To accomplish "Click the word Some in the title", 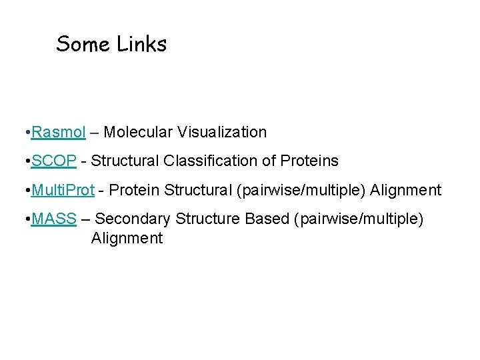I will pos(83,44).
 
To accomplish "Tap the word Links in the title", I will pos(141,44).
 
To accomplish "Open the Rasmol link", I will pos(58,132).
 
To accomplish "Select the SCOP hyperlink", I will pos(53,161).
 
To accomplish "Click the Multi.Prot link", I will pos(63,190).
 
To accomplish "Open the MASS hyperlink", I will pos(53,219).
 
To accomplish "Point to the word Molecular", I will pos(138,132).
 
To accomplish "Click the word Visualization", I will pos(222,132).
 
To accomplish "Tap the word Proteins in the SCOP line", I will pos(309,161).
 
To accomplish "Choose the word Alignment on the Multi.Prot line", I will pos(405,190).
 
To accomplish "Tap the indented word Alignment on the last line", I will pos(127,238).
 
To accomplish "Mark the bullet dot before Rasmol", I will pos(24,132).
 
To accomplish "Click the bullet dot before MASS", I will pos(24,219).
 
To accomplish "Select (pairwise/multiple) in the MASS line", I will pos(358,219).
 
